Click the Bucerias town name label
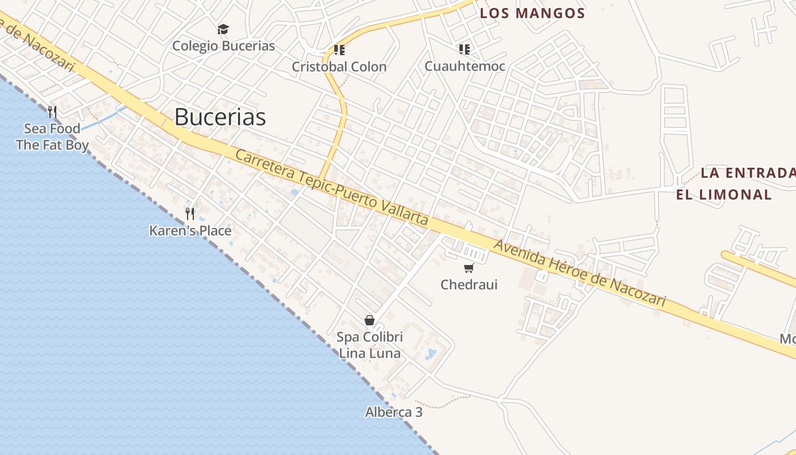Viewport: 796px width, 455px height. click(220, 117)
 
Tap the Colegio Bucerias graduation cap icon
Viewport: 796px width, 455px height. click(223, 29)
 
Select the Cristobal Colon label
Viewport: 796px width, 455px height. click(339, 67)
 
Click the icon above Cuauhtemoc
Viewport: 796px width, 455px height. click(465, 49)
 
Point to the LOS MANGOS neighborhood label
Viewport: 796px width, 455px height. click(532, 14)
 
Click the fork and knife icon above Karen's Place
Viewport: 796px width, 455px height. click(190, 214)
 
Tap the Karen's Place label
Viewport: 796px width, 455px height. click(190, 230)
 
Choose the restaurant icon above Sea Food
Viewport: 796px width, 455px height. click(52, 111)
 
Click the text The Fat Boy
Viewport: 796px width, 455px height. click(52, 145)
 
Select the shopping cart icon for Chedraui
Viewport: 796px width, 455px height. click(469, 268)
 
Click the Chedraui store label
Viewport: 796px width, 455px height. click(469, 284)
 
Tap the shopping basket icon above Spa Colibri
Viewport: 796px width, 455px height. click(370, 321)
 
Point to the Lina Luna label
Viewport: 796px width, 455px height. click(370, 353)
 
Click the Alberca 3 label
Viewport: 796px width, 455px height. click(393, 412)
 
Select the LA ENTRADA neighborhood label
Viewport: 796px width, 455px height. click(747, 173)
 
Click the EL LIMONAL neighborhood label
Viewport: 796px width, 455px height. click(723, 195)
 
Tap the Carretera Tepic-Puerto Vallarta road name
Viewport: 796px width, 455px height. click(331, 188)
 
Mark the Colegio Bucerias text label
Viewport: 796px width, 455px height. click(223, 46)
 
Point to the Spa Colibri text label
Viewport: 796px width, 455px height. click(370, 337)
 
